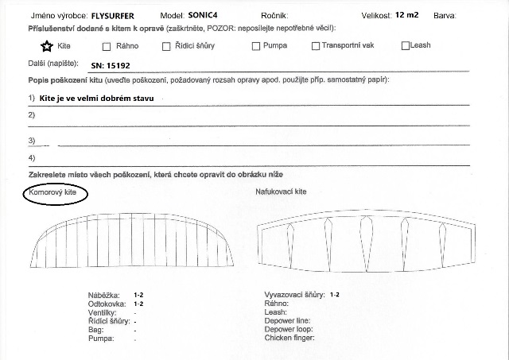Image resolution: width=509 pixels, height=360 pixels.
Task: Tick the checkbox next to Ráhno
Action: coord(109,46)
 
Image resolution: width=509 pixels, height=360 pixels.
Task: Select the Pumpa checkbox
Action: coord(256,46)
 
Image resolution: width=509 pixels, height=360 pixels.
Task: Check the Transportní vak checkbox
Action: coord(316,46)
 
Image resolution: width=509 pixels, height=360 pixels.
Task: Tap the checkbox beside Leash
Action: coord(406,45)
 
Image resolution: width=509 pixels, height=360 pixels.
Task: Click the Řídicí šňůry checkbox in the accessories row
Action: coord(165,46)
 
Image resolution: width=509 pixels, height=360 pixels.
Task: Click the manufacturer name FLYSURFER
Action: coord(118,15)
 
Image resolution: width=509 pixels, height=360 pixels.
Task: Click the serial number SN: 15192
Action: coord(111,67)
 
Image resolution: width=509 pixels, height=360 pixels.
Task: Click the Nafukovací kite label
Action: coord(281,192)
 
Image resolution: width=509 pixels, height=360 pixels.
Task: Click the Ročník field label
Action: coord(274,15)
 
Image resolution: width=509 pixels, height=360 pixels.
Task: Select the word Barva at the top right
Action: coord(445,15)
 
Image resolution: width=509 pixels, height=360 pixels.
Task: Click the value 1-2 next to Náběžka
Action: coord(138,295)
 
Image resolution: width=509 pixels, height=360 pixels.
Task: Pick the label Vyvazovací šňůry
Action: coord(293,295)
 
